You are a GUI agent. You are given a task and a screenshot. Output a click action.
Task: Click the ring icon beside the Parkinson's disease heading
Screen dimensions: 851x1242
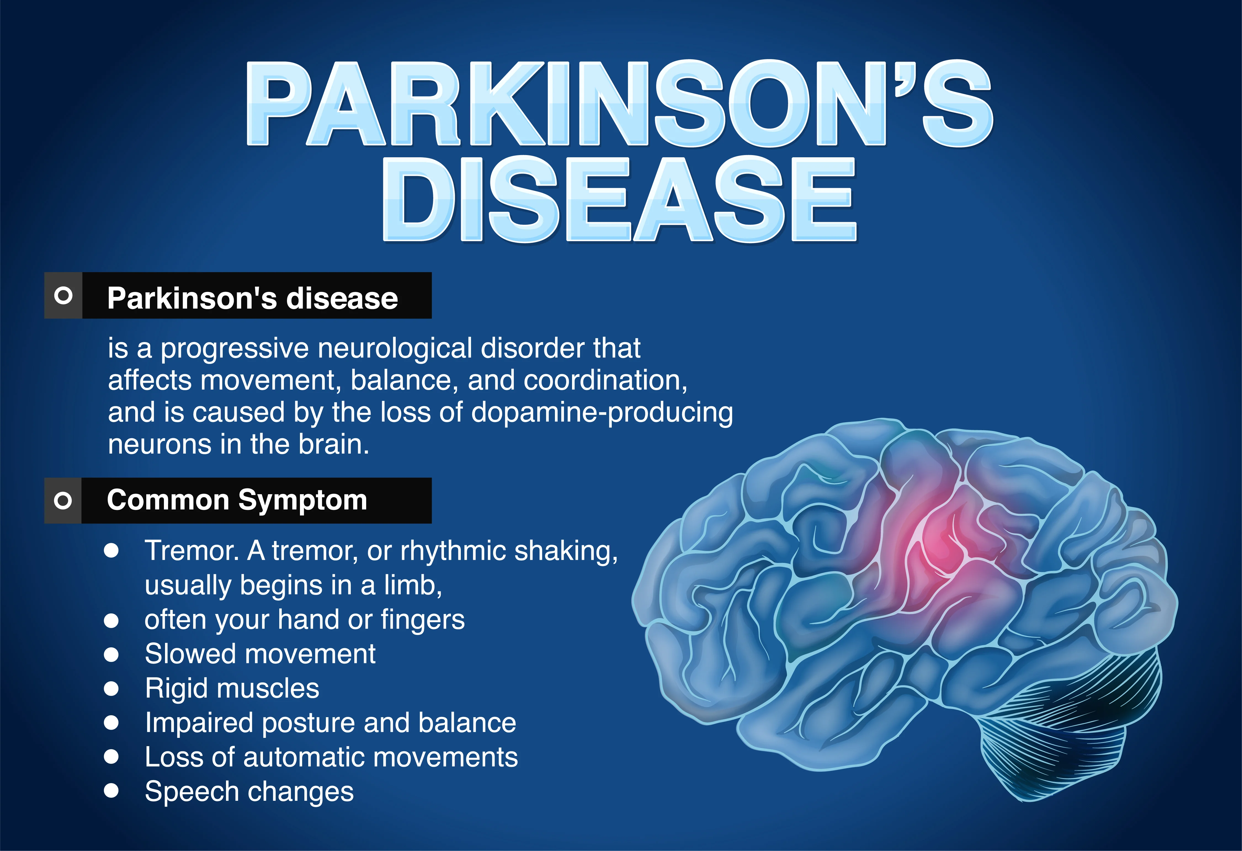63,296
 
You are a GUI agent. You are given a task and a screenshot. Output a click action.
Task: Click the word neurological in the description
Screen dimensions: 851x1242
395,349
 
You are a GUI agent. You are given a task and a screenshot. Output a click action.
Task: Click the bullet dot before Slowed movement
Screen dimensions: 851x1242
111,654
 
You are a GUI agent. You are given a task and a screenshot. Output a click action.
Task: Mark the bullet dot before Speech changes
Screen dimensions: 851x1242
111,791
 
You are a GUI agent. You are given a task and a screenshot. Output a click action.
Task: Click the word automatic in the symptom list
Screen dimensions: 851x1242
302,757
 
